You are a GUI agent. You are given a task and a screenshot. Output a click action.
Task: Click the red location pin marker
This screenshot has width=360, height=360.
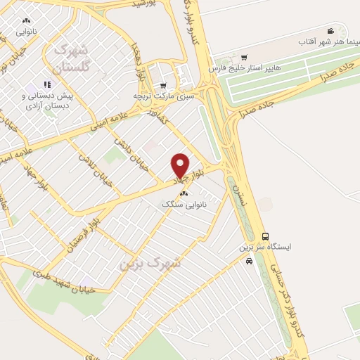tap(180, 166)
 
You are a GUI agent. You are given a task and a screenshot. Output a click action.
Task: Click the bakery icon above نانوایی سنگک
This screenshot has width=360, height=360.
tap(184, 193)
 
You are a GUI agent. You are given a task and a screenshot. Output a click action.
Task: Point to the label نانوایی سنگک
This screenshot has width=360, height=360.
tap(176, 204)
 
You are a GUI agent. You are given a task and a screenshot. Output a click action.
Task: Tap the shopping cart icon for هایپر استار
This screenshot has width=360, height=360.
tap(243, 58)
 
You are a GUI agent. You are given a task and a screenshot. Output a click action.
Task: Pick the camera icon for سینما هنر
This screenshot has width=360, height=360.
tap(330, 31)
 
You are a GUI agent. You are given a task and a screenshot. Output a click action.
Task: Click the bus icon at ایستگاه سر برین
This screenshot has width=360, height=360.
tap(265, 236)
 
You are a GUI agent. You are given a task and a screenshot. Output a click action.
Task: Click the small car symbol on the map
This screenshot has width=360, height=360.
tap(250, 261)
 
